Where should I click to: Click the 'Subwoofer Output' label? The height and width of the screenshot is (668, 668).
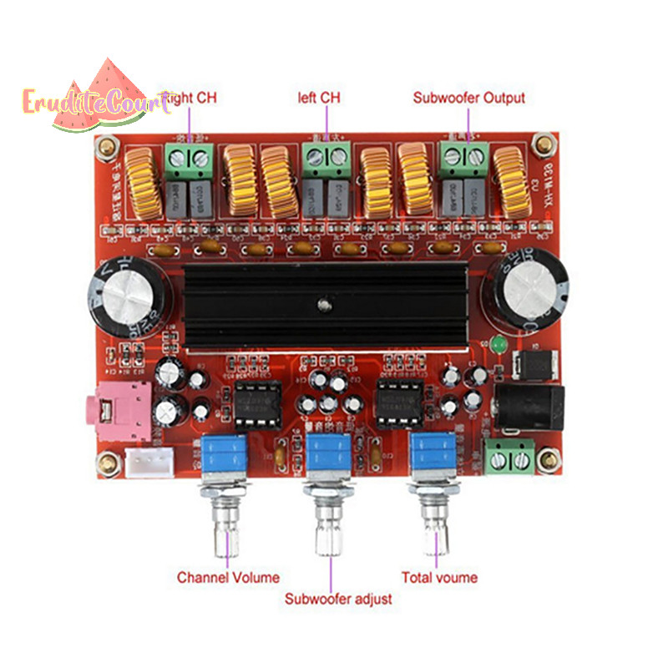(x=469, y=98)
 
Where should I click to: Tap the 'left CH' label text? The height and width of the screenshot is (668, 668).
(x=319, y=98)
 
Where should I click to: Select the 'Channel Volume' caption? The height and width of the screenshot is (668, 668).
(x=228, y=577)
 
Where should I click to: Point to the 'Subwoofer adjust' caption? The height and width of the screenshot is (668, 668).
(x=338, y=599)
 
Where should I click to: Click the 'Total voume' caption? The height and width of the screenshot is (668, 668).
(x=440, y=577)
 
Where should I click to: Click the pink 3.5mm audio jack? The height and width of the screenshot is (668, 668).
(x=118, y=410)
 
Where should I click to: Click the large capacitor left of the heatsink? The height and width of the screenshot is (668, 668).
(x=129, y=295)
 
